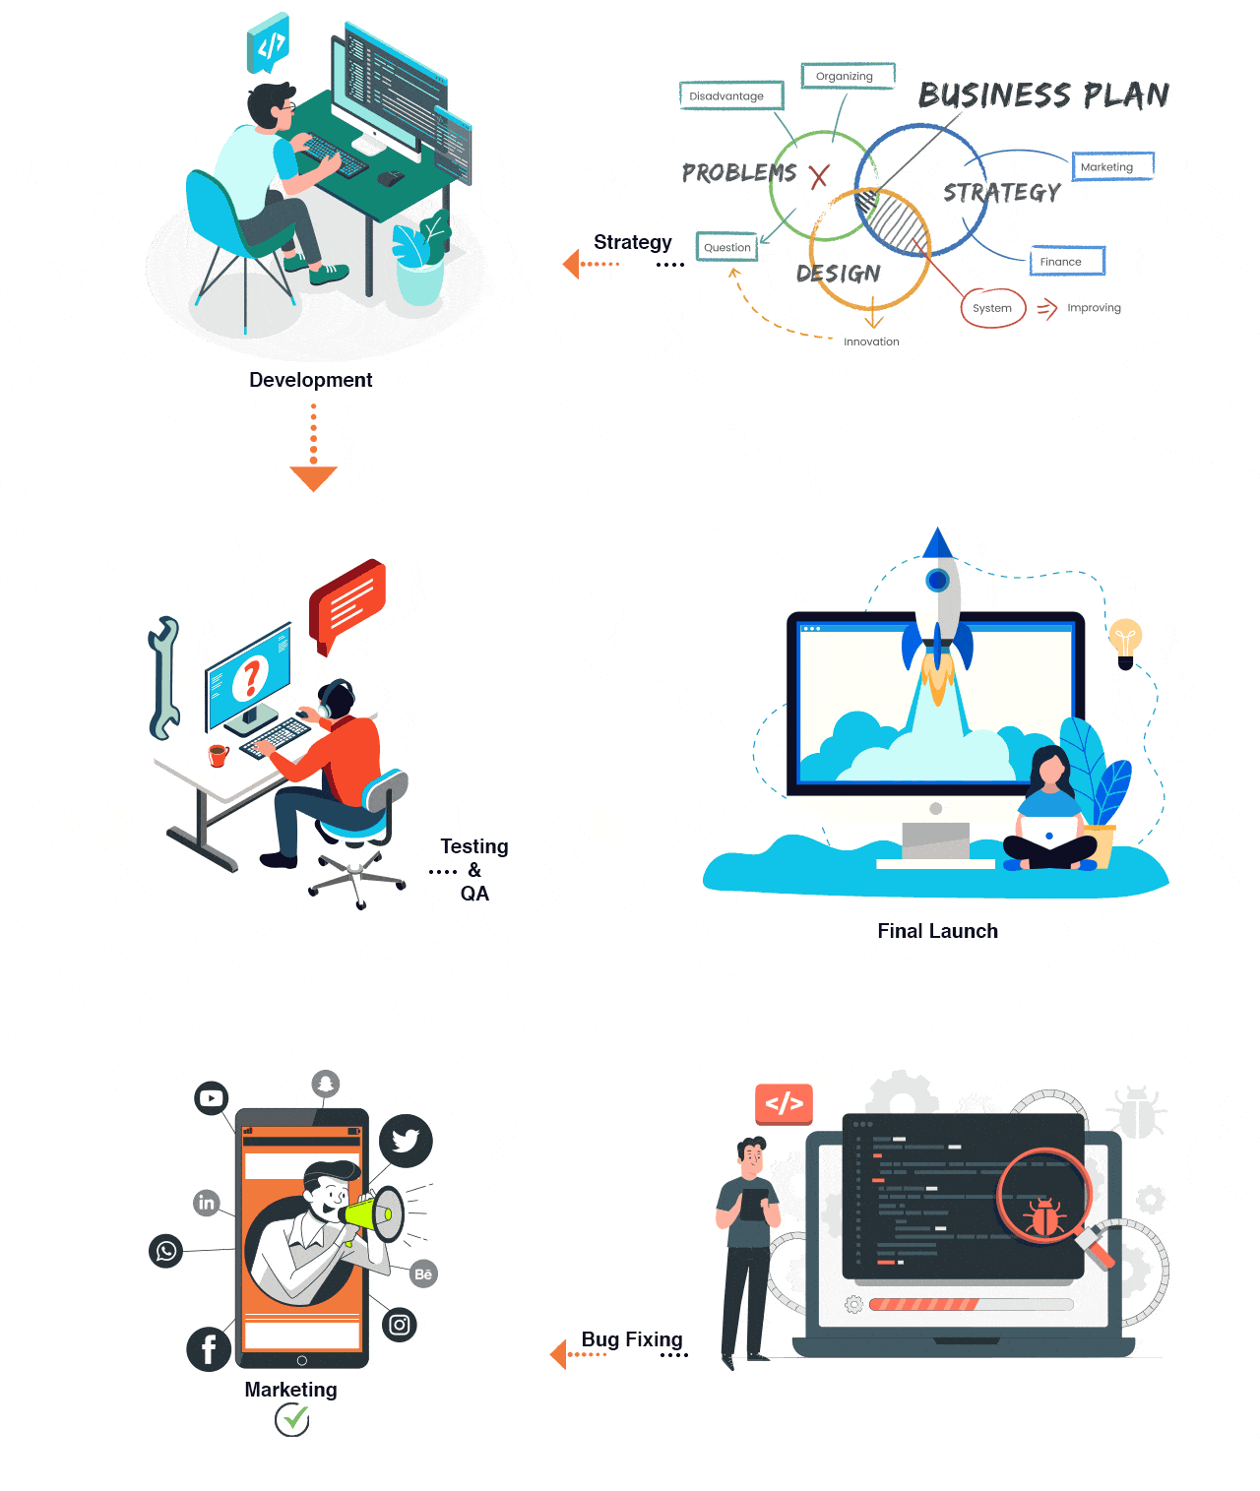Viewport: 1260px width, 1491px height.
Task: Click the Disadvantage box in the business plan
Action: [x=731, y=95]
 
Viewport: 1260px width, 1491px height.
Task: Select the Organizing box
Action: [x=848, y=76]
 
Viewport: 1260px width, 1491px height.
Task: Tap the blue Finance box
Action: [x=1067, y=262]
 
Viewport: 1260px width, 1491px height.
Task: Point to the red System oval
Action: [x=993, y=308]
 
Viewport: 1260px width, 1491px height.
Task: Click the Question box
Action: [x=727, y=247]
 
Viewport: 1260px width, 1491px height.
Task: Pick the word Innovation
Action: [x=871, y=342]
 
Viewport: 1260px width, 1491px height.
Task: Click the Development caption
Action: [x=311, y=380]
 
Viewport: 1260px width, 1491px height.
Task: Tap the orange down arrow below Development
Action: [x=314, y=448]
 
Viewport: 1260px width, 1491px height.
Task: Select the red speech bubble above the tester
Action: [x=347, y=604]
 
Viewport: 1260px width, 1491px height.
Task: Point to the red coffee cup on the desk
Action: [x=218, y=756]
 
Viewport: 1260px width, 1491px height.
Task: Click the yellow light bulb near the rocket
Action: [x=1125, y=643]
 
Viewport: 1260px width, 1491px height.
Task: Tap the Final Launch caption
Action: [x=937, y=931]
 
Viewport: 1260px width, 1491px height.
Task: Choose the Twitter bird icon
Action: [x=406, y=1141]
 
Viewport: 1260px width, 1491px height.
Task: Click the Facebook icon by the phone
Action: [x=209, y=1349]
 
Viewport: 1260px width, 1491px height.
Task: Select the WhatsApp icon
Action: [x=165, y=1251]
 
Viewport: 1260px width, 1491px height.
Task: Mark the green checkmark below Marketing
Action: [x=292, y=1419]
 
